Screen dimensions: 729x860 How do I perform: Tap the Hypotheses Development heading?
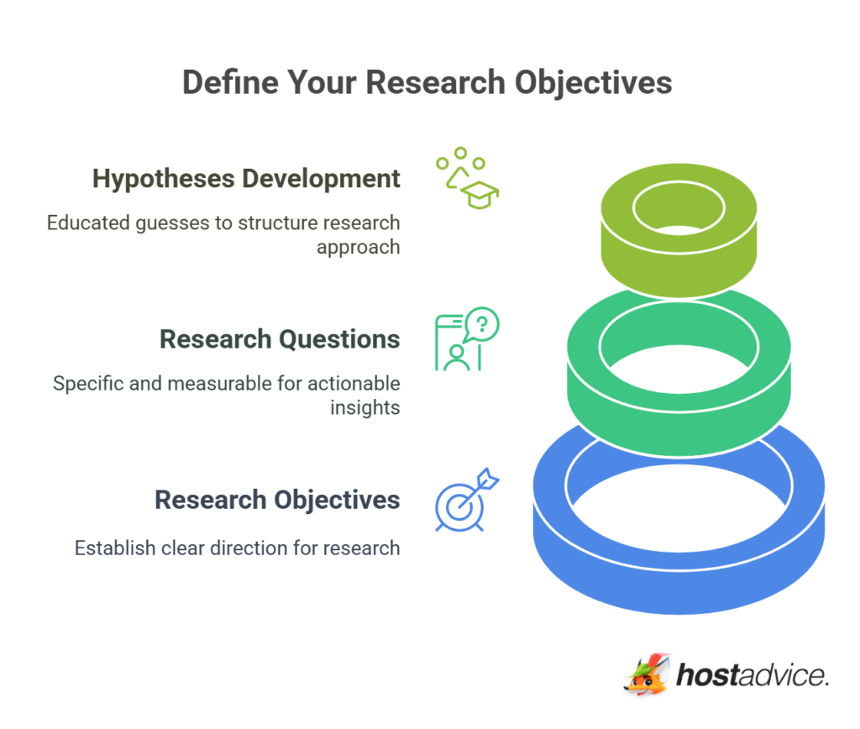[246, 179]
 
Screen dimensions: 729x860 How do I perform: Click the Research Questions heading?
[280, 339]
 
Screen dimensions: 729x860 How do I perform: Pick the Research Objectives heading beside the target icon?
[277, 500]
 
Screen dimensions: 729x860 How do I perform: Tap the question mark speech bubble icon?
[480, 323]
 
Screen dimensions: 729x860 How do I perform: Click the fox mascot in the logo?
[647, 674]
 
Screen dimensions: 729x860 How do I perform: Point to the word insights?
[364, 408]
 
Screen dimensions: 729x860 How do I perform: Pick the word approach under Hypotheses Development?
[358, 248]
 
